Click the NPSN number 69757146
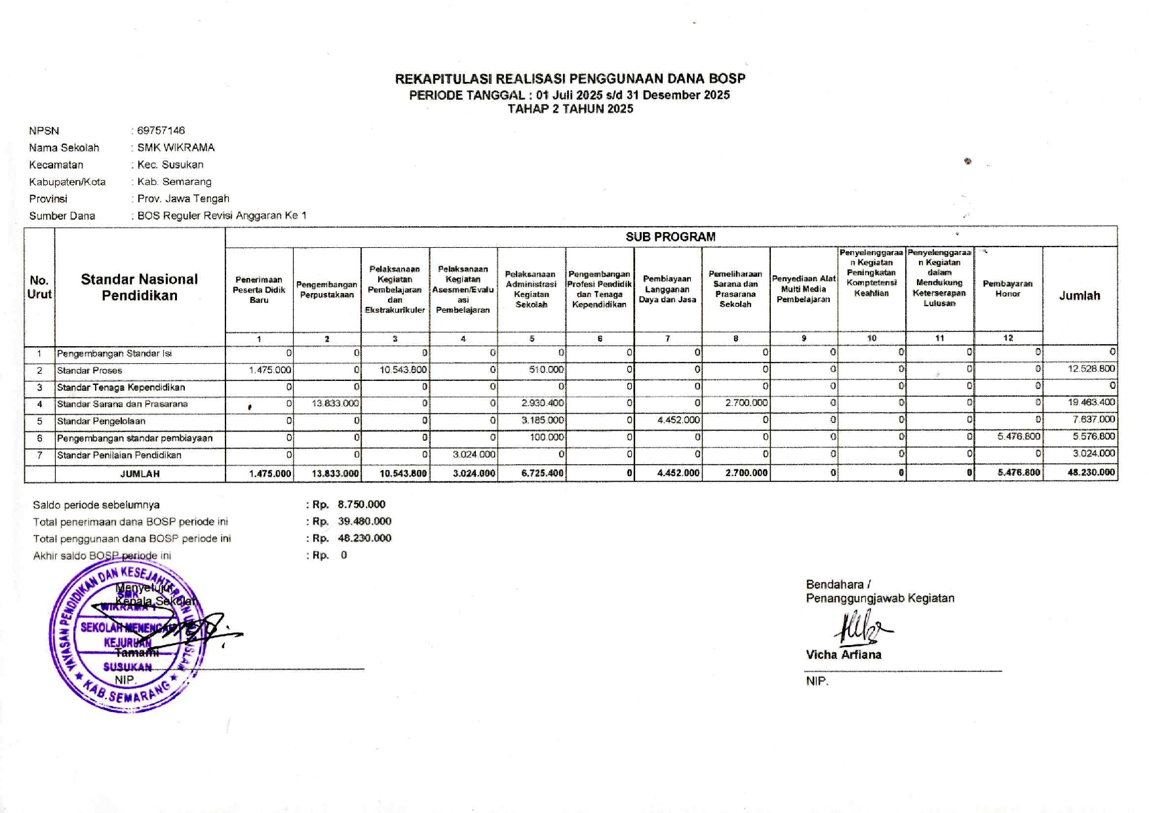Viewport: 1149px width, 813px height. tap(161, 130)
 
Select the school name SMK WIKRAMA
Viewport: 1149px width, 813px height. tap(176, 148)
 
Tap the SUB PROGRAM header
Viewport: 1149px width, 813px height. tap(670, 237)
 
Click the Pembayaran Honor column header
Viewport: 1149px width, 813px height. tap(1007, 288)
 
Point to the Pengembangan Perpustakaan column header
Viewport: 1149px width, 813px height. tap(326, 289)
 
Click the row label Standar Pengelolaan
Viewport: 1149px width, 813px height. tap(101, 421)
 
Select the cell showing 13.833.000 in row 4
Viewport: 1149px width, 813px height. tap(335, 403)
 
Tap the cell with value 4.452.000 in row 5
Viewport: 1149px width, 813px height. tap(678, 420)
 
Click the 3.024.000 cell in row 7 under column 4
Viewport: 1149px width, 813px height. tap(474, 454)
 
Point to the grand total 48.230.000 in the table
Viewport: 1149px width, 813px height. tap(1091, 472)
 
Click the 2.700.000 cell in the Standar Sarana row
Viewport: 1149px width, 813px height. tap(746, 403)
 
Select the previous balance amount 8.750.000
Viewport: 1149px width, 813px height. tap(361, 504)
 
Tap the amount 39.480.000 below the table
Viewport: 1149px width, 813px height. tap(364, 521)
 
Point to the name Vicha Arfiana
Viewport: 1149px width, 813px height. tap(844, 654)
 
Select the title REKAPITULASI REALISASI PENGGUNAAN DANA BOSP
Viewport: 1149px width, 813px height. tap(570, 79)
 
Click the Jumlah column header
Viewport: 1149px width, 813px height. tap(1079, 296)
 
